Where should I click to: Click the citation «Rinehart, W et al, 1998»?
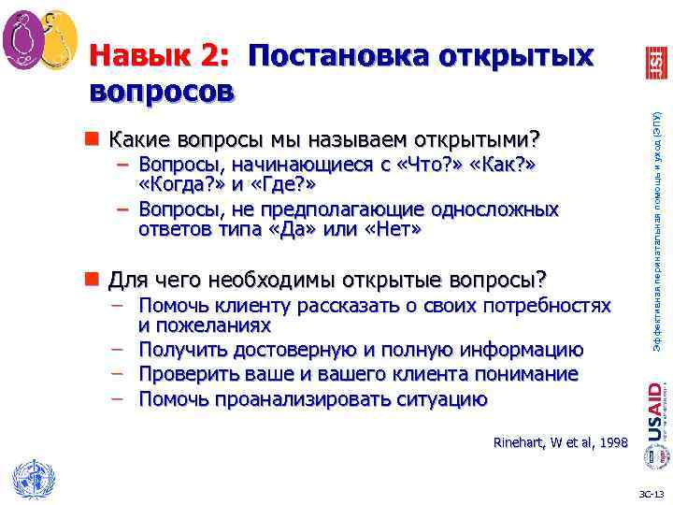(x=561, y=442)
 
